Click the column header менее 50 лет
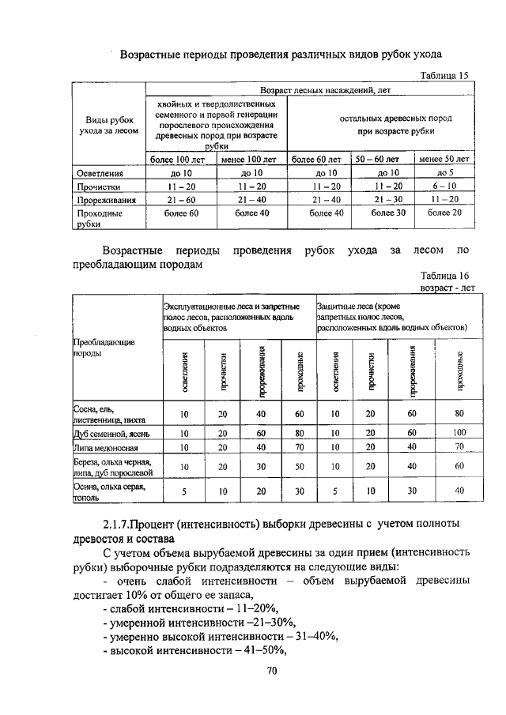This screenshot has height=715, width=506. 444,159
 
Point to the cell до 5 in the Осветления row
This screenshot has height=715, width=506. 444,172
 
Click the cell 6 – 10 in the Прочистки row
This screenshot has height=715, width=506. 444,186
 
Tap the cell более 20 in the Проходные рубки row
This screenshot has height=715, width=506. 444,213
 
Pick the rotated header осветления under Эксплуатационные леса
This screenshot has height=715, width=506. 183,371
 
